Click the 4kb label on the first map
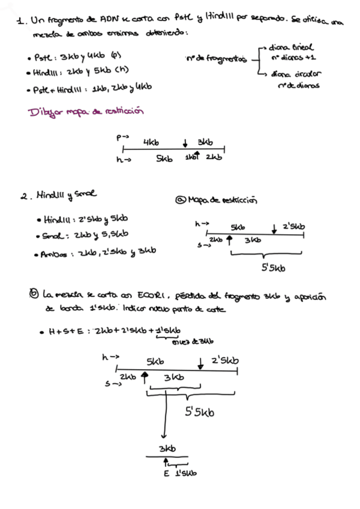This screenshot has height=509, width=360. pos(151,142)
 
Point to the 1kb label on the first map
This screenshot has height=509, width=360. pos(190,157)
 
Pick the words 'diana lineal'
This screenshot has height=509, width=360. pos(292,47)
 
